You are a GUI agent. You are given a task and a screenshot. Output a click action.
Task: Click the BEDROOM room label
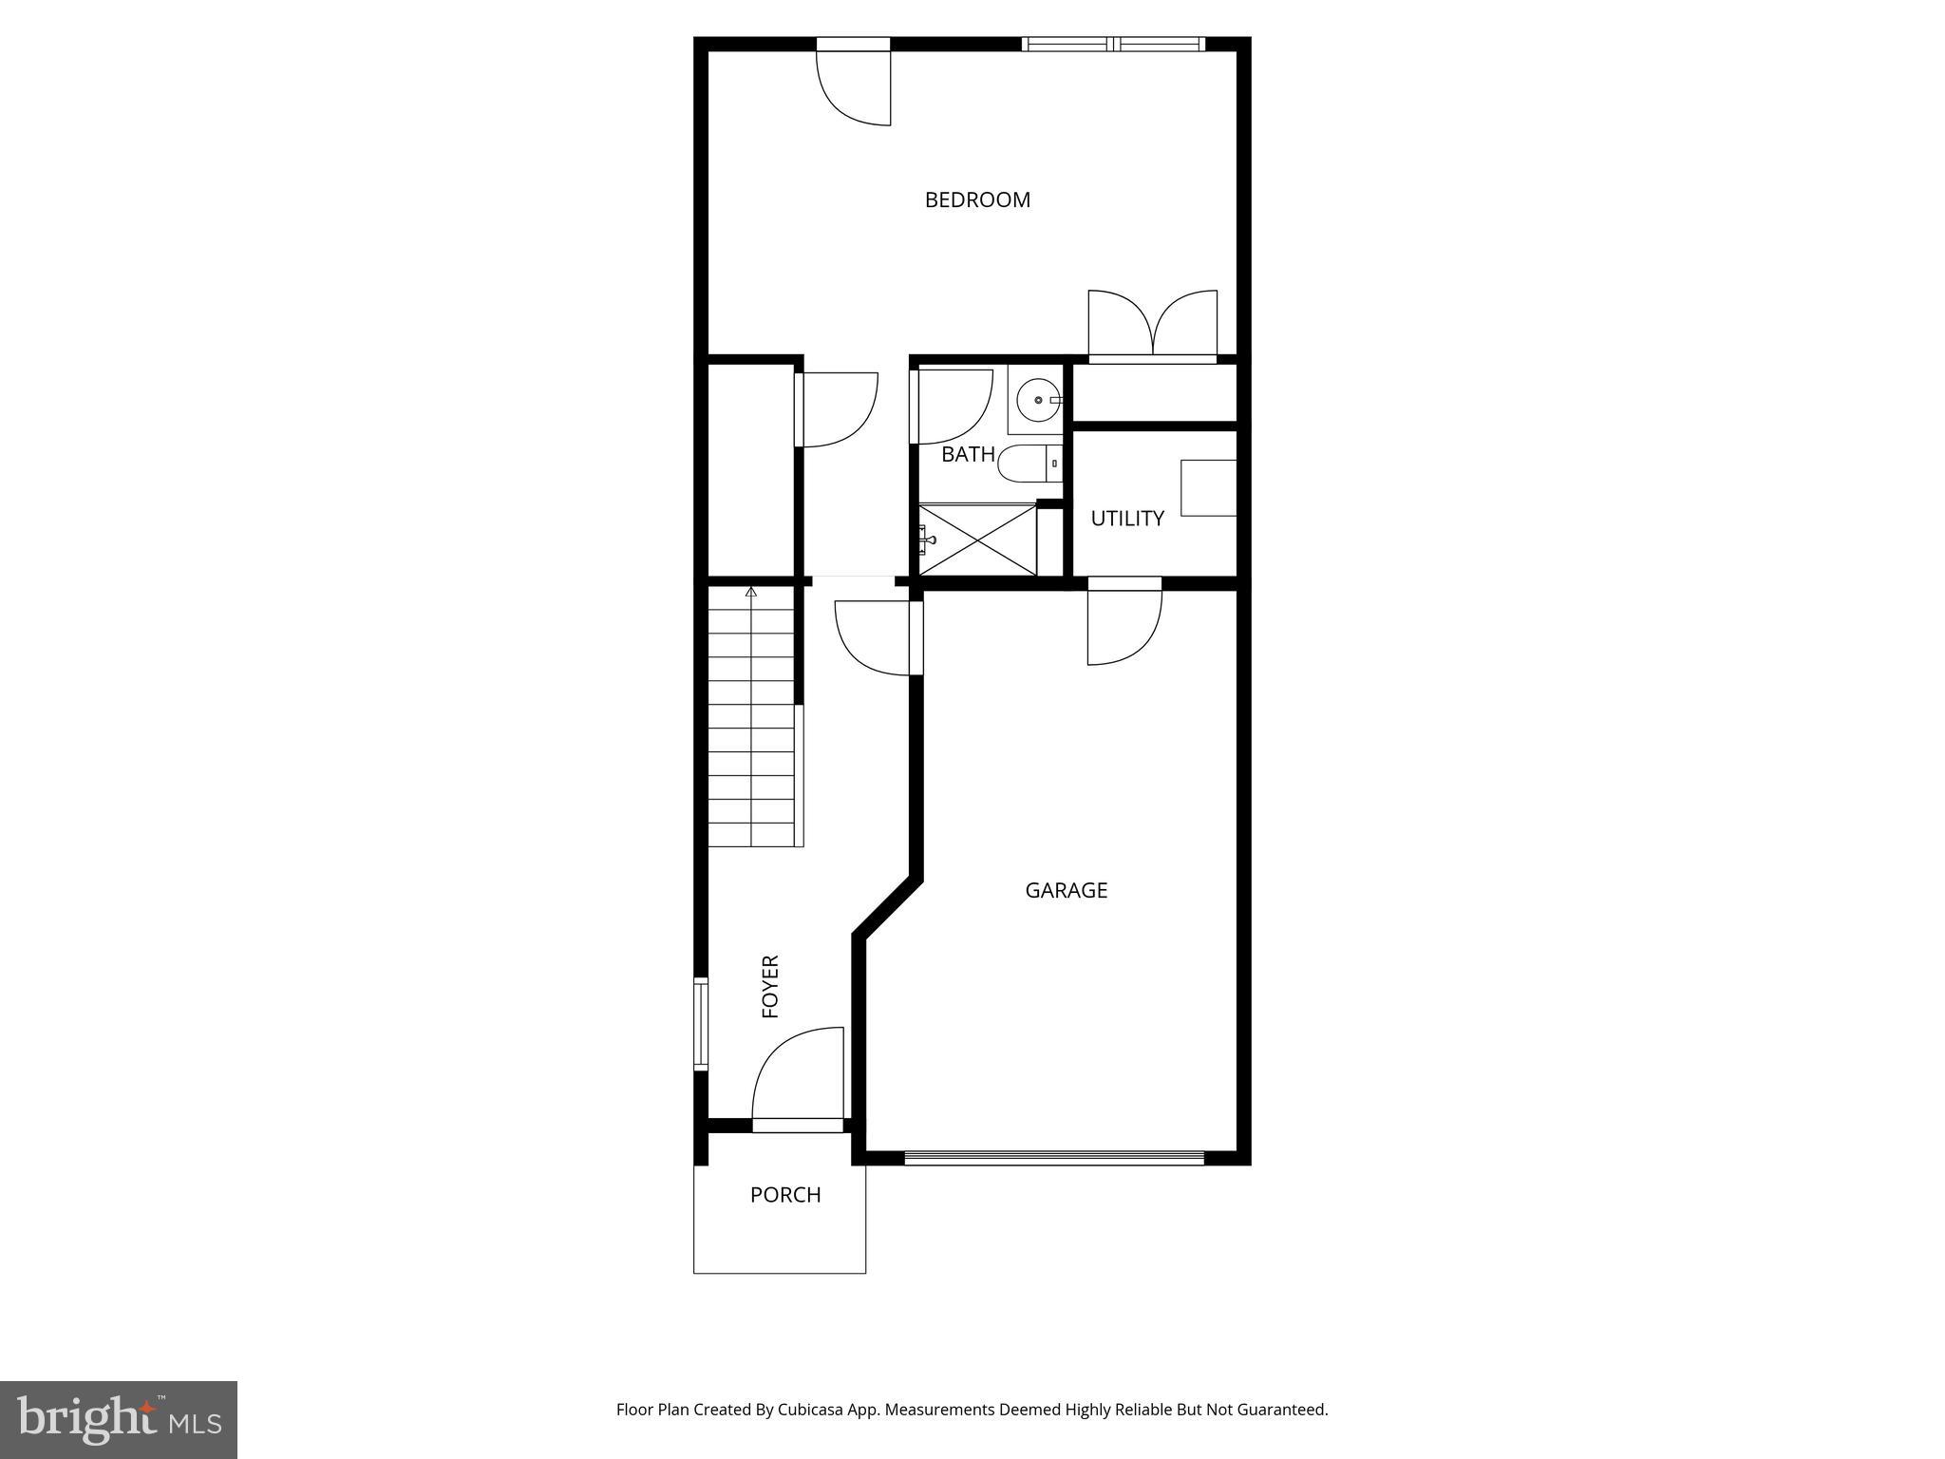pyautogui.click(x=977, y=199)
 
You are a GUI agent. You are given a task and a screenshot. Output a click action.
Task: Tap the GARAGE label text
pyautogui.click(x=1066, y=890)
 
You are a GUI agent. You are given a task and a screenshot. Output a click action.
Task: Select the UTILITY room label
pyautogui.click(x=1126, y=519)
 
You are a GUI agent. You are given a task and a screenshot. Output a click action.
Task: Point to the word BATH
pyautogui.click(x=968, y=455)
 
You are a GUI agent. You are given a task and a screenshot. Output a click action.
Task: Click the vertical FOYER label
pyautogui.click(x=770, y=987)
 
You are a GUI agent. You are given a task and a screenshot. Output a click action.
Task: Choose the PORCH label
pyautogui.click(x=784, y=1195)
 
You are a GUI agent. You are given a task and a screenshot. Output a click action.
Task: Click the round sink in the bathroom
pyautogui.click(x=1038, y=400)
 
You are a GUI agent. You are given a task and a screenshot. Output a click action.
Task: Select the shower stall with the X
pyautogui.click(x=978, y=540)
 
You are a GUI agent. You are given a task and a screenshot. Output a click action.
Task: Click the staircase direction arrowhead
pyautogui.click(x=751, y=593)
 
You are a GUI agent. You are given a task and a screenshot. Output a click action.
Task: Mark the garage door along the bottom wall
pyautogui.click(x=1054, y=1158)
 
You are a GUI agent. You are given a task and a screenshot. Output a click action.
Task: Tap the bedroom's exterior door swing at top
pyautogui.click(x=854, y=87)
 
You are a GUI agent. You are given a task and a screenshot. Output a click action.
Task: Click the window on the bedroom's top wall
pyautogui.click(x=1113, y=44)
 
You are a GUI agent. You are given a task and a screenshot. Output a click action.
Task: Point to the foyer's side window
pyautogui.click(x=701, y=1024)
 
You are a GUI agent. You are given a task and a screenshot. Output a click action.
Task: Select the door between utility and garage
pyautogui.click(x=1124, y=624)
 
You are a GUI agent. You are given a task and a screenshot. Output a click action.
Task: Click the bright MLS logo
pyautogui.click(x=119, y=1419)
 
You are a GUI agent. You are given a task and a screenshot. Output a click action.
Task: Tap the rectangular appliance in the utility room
pyautogui.click(x=1208, y=488)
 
